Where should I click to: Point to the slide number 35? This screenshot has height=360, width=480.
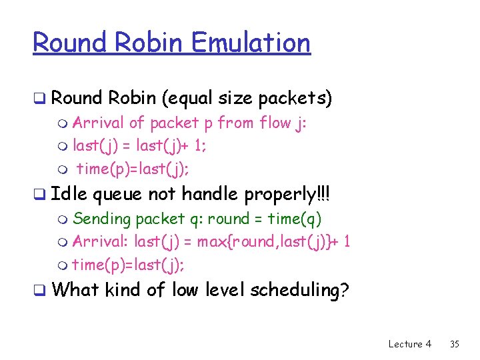(455, 344)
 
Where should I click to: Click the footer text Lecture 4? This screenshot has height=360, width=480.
(409, 344)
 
